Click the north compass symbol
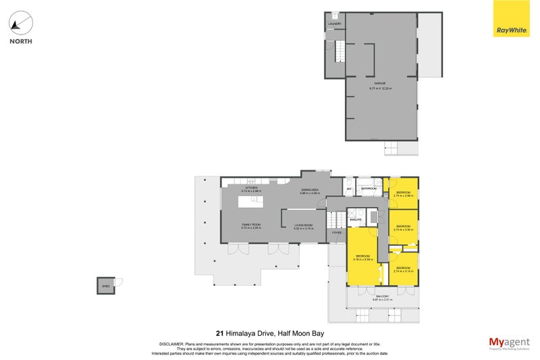(21, 25)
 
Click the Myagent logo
(508, 344)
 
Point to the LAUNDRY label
(335, 24)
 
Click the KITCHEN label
(250, 189)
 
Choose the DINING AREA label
(309, 191)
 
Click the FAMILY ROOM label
(251, 226)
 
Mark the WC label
(349, 188)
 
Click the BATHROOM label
(369, 188)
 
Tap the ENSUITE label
(356, 220)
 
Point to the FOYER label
(336, 232)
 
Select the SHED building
(105, 286)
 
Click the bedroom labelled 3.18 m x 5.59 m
(363, 258)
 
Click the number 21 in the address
(219, 332)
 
